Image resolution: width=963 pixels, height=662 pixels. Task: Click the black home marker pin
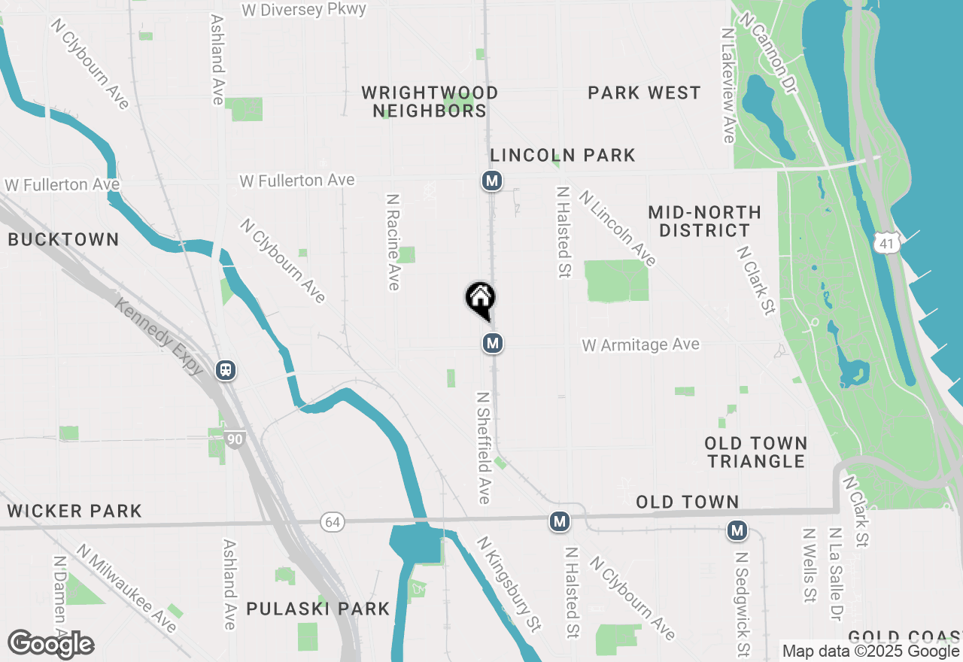click(x=480, y=299)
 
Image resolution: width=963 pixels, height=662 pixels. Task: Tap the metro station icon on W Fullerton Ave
click(x=492, y=181)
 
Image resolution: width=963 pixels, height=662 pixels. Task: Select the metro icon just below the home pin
click(x=492, y=344)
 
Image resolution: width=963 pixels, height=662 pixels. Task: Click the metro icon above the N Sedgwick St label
click(x=737, y=531)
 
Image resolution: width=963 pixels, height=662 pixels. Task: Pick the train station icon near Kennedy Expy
click(x=225, y=370)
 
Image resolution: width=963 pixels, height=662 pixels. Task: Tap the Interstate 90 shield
click(x=234, y=439)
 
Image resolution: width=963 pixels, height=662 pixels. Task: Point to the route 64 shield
click(x=332, y=521)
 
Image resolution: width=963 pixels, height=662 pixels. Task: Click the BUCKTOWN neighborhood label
click(x=63, y=240)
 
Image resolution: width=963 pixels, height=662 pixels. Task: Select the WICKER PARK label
click(x=74, y=512)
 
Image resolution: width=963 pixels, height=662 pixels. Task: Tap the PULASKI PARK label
click(x=318, y=609)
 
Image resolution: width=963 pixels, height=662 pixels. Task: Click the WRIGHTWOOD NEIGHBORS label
click(x=430, y=102)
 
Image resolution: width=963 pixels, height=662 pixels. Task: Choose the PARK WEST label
click(x=644, y=93)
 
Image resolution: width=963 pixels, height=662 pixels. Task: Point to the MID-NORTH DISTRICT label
click(x=705, y=221)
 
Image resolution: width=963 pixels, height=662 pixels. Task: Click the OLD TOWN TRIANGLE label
click(x=756, y=451)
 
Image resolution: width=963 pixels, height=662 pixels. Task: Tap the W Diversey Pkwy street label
click(x=305, y=10)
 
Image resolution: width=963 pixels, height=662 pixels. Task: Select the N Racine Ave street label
click(x=393, y=241)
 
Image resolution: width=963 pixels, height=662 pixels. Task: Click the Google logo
click(x=51, y=644)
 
